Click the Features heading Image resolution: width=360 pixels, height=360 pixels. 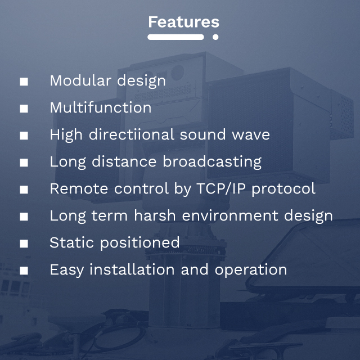click(x=183, y=22)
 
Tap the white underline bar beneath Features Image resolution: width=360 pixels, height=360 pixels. click(x=175, y=37)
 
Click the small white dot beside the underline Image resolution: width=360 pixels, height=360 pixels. click(x=215, y=37)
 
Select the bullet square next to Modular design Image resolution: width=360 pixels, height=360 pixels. click(x=24, y=82)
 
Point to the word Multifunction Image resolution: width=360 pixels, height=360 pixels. click(x=100, y=107)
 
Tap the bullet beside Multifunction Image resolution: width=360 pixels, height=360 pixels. click(x=24, y=109)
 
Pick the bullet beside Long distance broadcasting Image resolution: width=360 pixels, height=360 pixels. click(x=24, y=163)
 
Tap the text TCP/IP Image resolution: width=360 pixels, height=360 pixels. click(x=220, y=188)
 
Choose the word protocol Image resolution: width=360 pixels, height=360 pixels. click(x=283, y=190)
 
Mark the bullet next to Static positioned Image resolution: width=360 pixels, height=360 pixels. click(x=24, y=244)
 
